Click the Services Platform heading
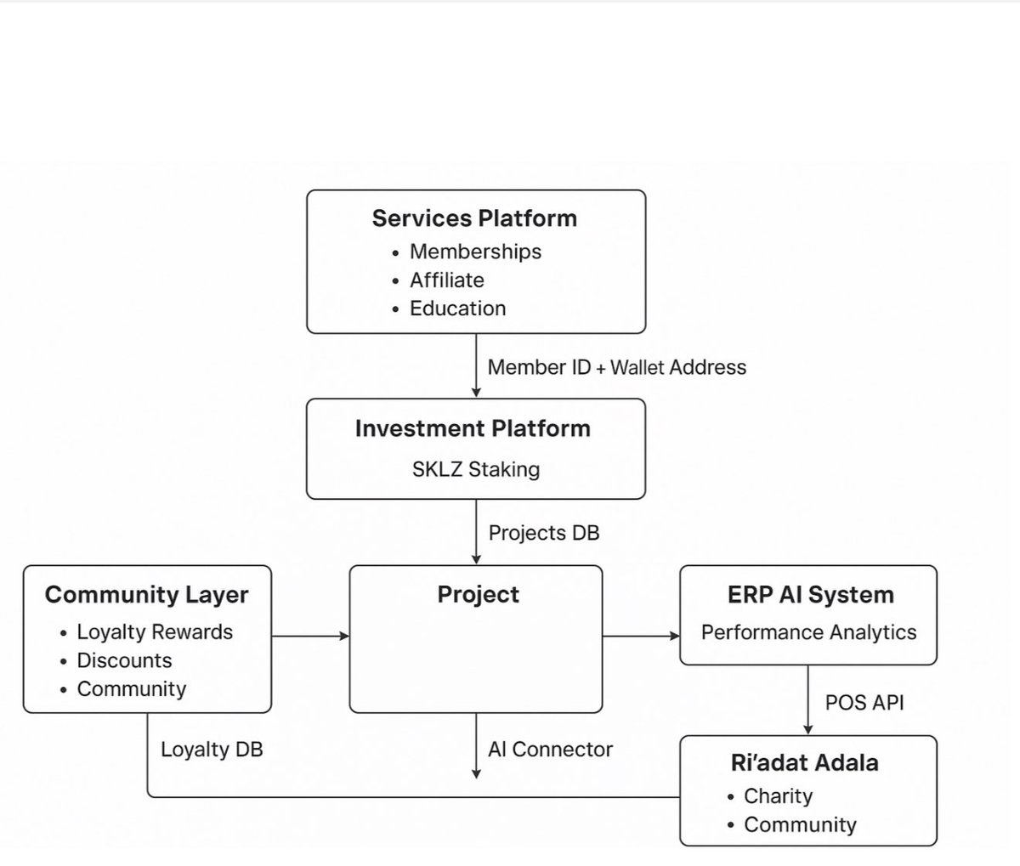(x=474, y=218)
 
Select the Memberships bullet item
(x=475, y=252)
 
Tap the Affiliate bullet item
(x=446, y=280)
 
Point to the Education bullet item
(x=457, y=308)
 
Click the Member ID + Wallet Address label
(x=617, y=367)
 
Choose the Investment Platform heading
(x=473, y=428)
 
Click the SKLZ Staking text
(x=476, y=469)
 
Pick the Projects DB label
(x=544, y=533)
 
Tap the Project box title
(x=478, y=594)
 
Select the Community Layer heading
(x=146, y=594)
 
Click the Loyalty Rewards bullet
(x=155, y=632)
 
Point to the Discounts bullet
(x=124, y=660)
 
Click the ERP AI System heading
(x=810, y=594)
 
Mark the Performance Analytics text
(x=808, y=632)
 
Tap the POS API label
(x=864, y=703)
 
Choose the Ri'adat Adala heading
(x=804, y=762)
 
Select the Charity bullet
(x=778, y=796)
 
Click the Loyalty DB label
(x=212, y=750)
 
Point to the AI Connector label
(x=550, y=750)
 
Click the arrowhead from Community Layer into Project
(x=345, y=636)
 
